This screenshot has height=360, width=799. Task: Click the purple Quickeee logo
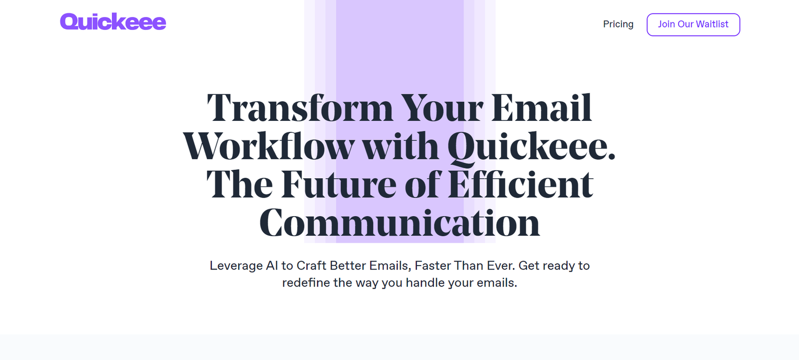point(113,22)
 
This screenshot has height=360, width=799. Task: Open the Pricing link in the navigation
point(618,24)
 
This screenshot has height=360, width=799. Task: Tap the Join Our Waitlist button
point(693,24)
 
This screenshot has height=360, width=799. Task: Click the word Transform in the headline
point(300,108)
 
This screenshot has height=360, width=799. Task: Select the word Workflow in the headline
point(269,146)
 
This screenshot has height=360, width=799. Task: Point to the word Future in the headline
point(339,184)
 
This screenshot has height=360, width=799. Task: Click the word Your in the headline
point(442,108)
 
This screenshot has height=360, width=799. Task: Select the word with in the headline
point(401,146)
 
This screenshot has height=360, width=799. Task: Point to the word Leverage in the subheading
point(236,266)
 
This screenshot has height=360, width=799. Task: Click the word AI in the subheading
point(272,266)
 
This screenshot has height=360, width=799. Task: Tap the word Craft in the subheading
point(312,266)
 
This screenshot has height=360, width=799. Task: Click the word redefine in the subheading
point(306,283)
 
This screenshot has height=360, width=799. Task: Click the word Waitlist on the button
point(712,24)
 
